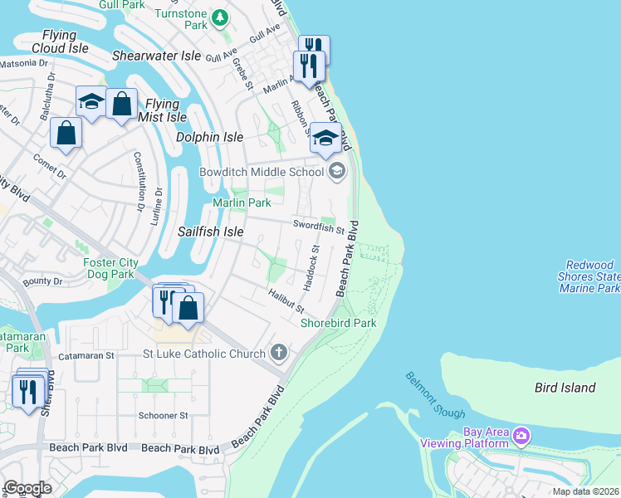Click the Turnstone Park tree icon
[219, 17]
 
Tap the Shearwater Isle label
[157, 56]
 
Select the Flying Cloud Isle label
[60, 41]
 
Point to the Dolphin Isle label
[209, 136]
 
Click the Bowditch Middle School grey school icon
[336, 172]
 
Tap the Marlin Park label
[242, 203]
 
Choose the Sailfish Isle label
[211, 232]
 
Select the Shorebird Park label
[338, 323]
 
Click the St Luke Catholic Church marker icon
[278, 353]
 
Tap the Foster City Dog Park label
[109, 268]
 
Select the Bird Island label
[565, 388]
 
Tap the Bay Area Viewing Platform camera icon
[521, 435]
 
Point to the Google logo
[27, 488]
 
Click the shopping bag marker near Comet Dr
[66, 133]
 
